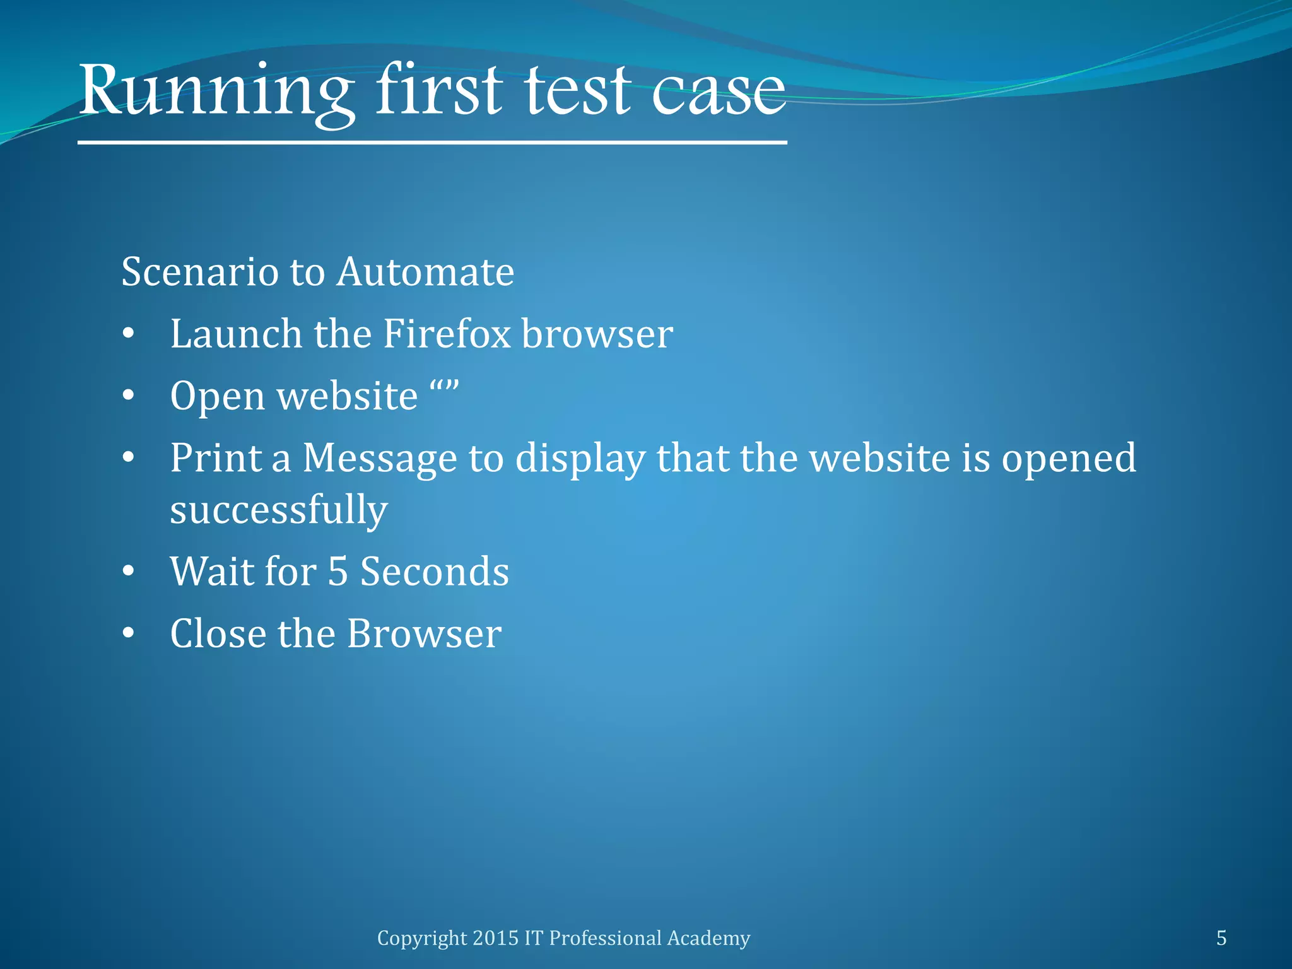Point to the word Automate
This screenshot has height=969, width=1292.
click(x=425, y=273)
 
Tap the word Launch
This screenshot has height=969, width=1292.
click(x=236, y=334)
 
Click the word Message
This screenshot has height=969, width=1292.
click(x=379, y=458)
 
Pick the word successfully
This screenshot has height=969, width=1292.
click(x=278, y=510)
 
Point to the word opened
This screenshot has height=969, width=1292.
click(x=1069, y=459)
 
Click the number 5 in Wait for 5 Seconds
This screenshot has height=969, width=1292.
click(x=338, y=572)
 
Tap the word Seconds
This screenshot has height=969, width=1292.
click(x=434, y=572)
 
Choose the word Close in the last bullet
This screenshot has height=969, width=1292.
click(x=218, y=633)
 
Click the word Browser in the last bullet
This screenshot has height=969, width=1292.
click(x=424, y=633)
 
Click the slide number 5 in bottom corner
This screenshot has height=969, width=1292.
click(x=1221, y=938)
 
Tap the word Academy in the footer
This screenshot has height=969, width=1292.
click(x=708, y=938)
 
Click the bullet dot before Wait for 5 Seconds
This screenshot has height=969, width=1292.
click(x=129, y=572)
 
